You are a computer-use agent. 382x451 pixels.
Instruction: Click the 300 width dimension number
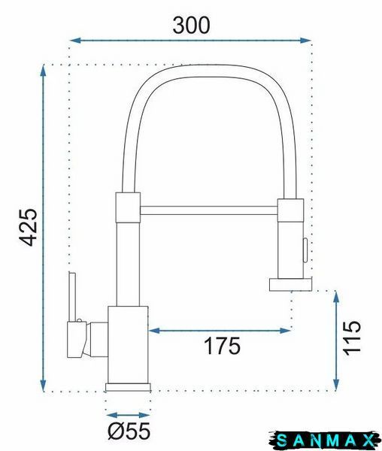tap(191, 25)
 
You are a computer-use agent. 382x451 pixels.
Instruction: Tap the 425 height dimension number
tap(28, 227)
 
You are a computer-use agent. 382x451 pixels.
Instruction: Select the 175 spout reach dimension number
tap(222, 346)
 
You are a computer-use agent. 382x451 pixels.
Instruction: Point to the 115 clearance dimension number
tap(352, 337)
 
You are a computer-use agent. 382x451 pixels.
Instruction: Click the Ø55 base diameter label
tap(129, 431)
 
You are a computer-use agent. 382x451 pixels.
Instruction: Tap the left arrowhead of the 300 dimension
tap(75, 41)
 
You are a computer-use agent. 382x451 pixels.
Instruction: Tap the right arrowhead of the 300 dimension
tap(305, 41)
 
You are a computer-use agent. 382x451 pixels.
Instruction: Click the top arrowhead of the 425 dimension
tap(43, 71)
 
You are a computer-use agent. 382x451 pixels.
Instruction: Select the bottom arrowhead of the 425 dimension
tap(43, 386)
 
